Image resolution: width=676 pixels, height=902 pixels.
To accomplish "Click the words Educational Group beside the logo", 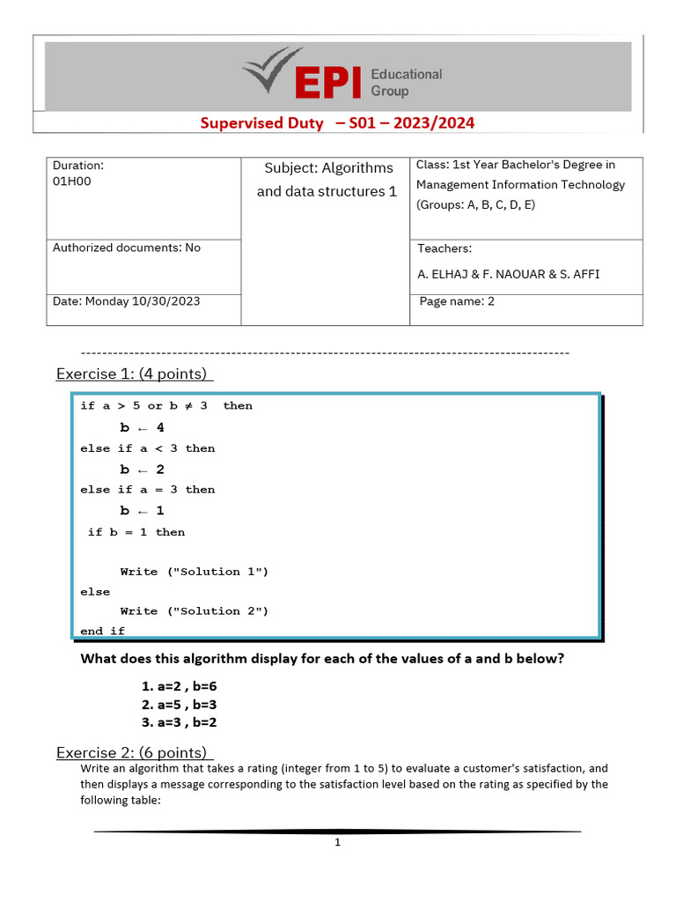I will click(406, 83).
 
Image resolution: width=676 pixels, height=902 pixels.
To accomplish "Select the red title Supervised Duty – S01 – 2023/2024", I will click(337, 123).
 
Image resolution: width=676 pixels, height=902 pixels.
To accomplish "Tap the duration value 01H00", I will click(71, 181).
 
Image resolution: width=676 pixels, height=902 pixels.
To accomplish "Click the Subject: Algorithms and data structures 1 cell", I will click(327, 180).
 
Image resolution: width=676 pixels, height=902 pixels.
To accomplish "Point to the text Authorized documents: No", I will click(127, 248).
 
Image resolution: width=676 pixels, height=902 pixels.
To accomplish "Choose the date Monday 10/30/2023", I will click(126, 301).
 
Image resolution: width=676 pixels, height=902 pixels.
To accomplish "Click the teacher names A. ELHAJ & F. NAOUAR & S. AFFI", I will click(508, 274).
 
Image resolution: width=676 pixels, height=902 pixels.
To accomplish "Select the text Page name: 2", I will click(457, 301).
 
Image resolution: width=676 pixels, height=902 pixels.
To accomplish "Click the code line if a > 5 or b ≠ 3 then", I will click(165, 406).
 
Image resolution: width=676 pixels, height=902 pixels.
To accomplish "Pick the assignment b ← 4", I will click(142, 428).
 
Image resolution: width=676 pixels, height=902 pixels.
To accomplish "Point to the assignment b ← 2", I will click(142, 469).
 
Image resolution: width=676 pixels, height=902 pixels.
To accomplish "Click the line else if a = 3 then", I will click(147, 490).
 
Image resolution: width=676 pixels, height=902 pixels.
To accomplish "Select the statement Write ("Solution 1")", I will click(194, 572).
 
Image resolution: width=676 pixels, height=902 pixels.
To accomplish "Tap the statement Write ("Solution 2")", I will click(194, 611).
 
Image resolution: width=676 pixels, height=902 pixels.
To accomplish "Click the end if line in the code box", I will click(102, 632).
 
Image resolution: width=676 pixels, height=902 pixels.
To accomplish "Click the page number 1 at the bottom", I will click(337, 843).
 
